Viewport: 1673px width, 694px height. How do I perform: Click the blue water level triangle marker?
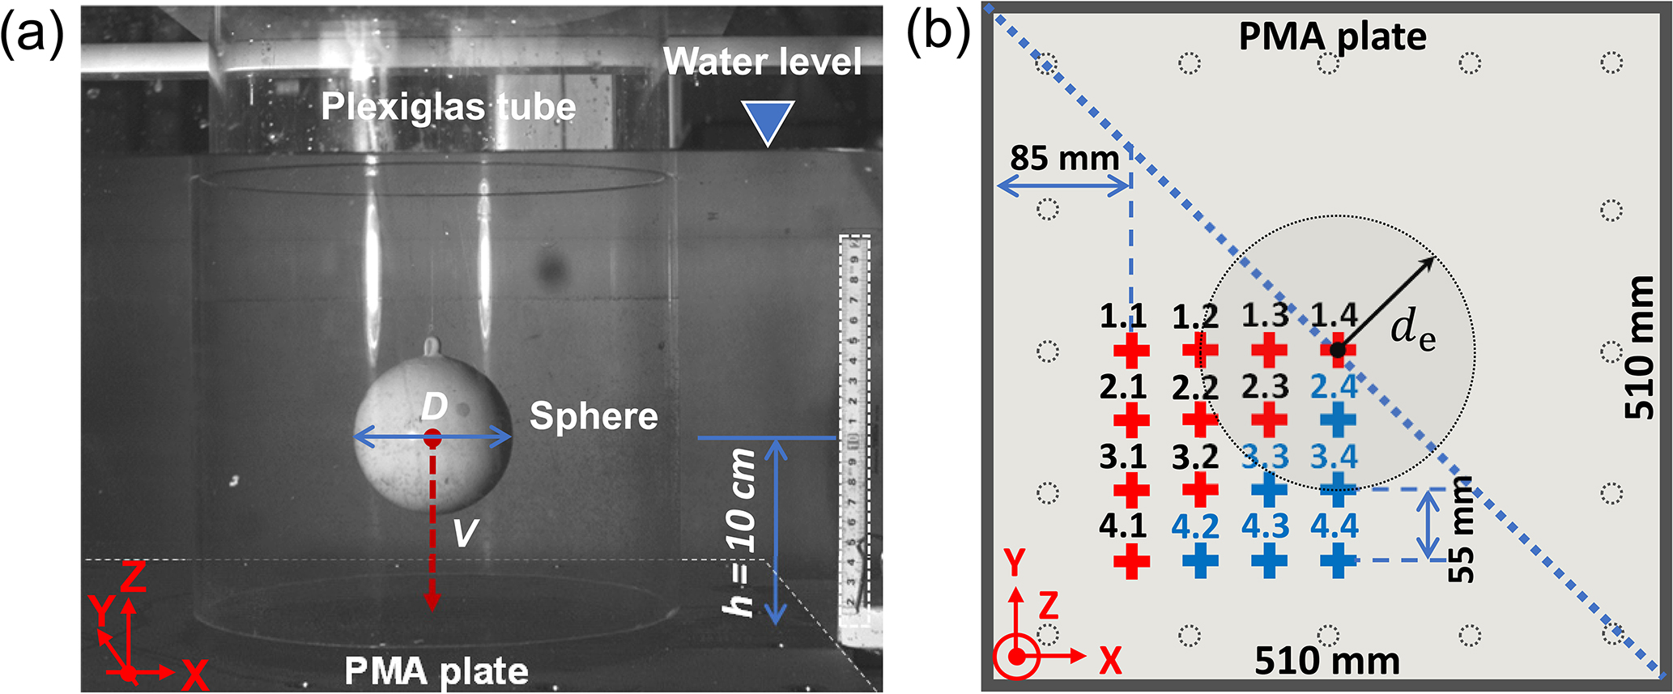point(768,122)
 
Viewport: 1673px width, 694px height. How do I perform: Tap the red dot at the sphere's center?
point(432,438)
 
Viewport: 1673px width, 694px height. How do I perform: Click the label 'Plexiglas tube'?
point(448,107)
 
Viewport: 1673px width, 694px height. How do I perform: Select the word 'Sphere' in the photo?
point(594,416)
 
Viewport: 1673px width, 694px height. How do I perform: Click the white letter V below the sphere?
point(465,533)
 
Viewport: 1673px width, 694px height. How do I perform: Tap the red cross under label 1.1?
point(1131,351)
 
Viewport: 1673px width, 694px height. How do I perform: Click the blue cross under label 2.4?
point(1338,419)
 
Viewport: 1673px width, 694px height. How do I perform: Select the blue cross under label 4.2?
point(1200,560)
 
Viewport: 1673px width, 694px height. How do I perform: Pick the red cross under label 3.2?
point(1200,490)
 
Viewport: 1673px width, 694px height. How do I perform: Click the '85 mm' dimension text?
point(1064,158)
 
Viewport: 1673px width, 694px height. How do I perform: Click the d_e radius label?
point(1413,330)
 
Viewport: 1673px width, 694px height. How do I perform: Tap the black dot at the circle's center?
point(1338,350)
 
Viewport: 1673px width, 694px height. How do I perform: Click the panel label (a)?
point(32,36)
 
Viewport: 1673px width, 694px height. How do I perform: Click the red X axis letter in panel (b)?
point(1110,661)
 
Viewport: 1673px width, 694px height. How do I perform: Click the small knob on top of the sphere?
point(432,346)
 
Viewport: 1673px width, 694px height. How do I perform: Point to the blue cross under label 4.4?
point(1338,560)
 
